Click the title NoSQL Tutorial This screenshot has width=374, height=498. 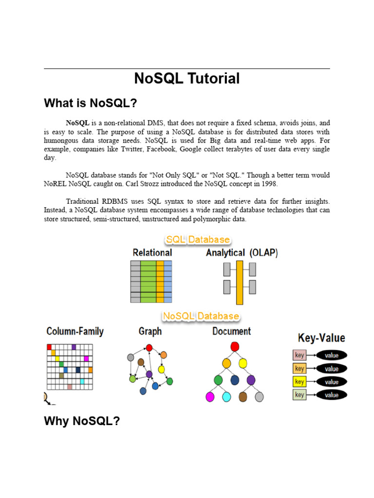(x=187, y=78)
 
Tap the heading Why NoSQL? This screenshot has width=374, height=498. (x=82, y=421)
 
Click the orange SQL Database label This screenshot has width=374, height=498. (x=197, y=240)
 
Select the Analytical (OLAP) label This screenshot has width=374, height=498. (x=242, y=253)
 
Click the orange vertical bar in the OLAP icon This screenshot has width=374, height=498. (x=239, y=282)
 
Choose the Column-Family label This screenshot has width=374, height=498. (x=75, y=332)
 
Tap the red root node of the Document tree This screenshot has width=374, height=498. (x=235, y=346)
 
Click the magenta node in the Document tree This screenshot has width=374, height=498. (x=210, y=397)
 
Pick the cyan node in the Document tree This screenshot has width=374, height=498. (x=226, y=397)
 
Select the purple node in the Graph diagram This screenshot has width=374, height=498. (x=149, y=374)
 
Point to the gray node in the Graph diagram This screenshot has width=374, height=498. (x=131, y=357)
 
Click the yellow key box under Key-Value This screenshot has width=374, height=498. (x=299, y=382)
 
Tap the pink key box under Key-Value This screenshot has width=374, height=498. (x=299, y=355)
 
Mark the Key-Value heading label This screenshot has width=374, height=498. (x=321, y=338)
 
